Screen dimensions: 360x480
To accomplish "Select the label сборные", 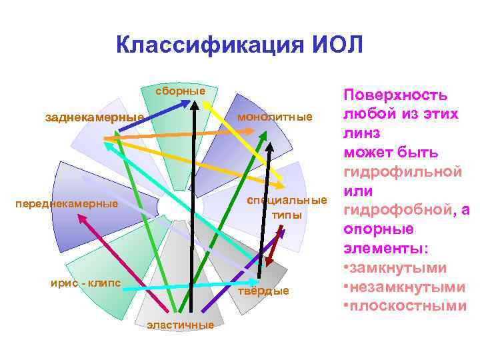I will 181,90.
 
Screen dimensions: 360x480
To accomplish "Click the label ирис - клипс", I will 85,282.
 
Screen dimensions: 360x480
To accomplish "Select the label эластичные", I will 181,325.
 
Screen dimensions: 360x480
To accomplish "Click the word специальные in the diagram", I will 287,201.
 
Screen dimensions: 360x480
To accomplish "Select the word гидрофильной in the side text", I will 403,171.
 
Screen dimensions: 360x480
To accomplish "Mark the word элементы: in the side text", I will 386,248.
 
